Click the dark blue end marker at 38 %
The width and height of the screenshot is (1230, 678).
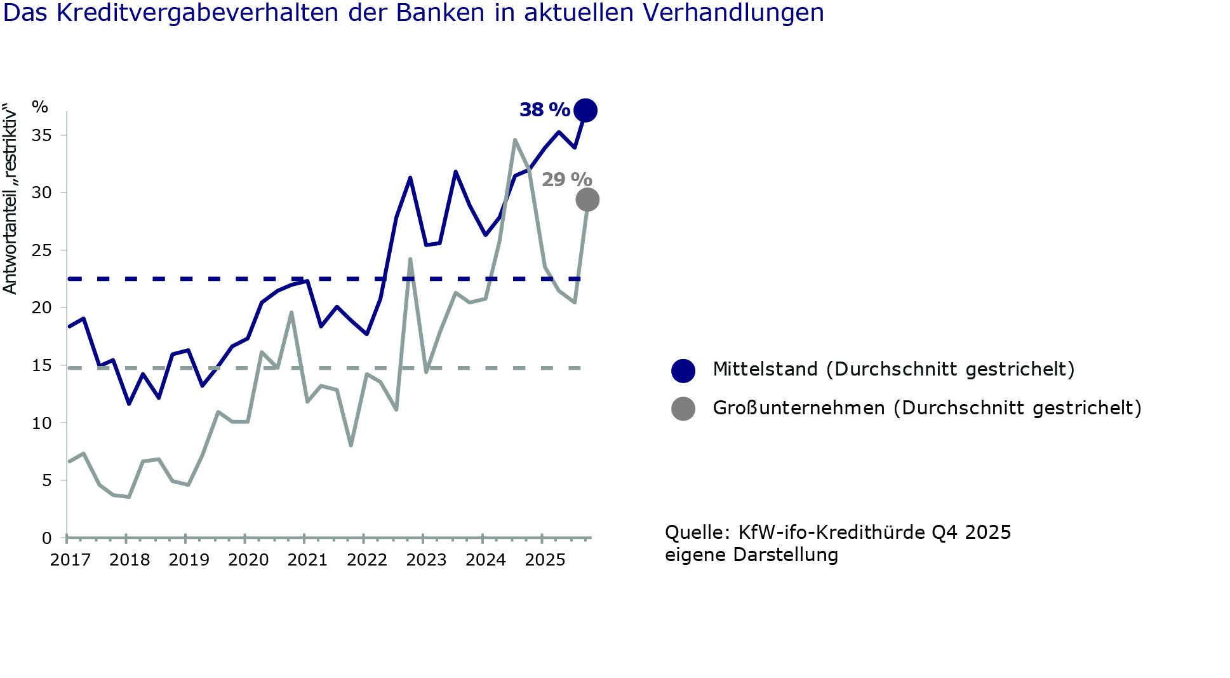(x=585, y=111)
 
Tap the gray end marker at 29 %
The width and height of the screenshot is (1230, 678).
(x=587, y=200)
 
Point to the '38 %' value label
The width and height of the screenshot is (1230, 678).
(x=544, y=110)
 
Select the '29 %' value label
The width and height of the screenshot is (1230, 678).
(x=566, y=180)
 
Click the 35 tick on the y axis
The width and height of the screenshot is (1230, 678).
(x=42, y=135)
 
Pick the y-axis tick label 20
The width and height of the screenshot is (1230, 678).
(x=42, y=308)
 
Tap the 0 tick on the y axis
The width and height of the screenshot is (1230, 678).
(x=46, y=538)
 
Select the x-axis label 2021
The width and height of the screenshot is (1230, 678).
(x=307, y=560)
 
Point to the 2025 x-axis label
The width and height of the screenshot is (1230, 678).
(x=545, y=560)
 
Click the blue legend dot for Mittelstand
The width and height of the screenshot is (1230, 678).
(x=683, y=370)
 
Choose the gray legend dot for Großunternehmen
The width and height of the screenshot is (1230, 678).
(x=683, y=409)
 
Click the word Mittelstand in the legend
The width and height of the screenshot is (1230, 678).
(x=765, y=369)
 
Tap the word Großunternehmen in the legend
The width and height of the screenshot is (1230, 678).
(x=798, y=407)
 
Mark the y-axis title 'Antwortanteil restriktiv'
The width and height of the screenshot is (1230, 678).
(x=10, y=198)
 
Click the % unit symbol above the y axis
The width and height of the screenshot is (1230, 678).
(x=40, y=107)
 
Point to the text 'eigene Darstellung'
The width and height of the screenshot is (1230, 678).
(x=751, y=555)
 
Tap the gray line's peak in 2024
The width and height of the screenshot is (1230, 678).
(x=515, y=140)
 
